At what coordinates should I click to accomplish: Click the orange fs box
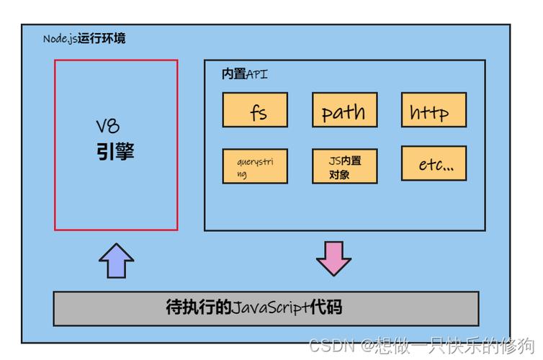click(255, 110)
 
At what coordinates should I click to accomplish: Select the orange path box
click(344, 110)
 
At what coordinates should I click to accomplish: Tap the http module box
click(434, 110)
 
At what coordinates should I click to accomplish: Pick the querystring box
click(255, 166)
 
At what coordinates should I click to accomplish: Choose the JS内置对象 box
click(344, 166)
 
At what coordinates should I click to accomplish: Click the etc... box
click(434, 164)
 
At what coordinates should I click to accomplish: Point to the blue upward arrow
click(116, 260)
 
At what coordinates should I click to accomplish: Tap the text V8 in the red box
click(108, 127)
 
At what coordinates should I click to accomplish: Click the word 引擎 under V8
click(115, 152)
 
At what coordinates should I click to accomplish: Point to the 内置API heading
click(244, 74)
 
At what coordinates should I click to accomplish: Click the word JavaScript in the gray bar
click(266, 308)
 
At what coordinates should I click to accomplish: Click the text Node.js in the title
click(60, 38)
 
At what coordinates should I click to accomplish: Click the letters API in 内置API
click(257, 74)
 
